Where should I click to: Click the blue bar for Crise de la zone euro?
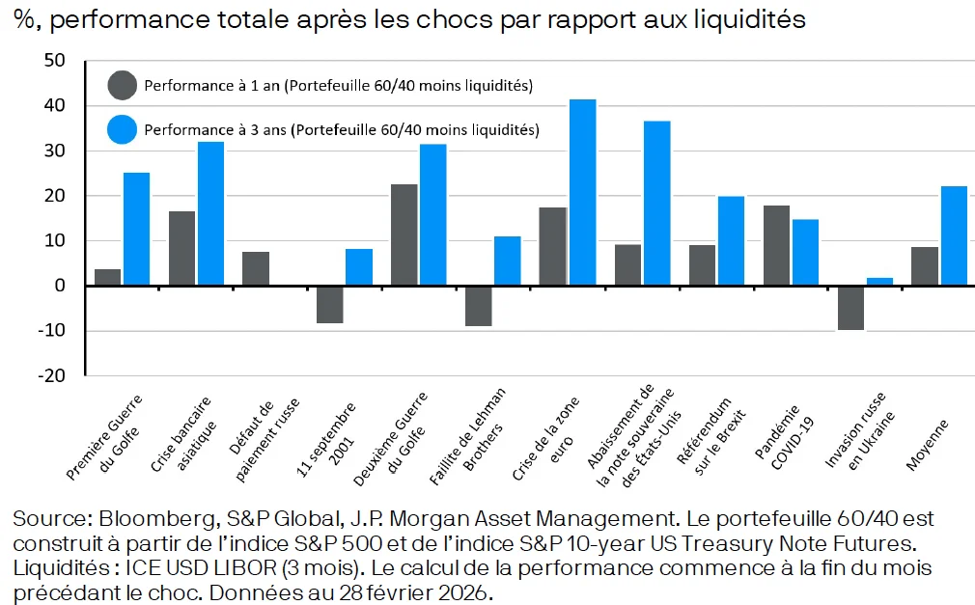pyautogui.click(x=582, y=192)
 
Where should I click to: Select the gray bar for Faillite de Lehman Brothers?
pyautogui.click(x=478, y=306)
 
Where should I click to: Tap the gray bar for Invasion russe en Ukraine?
pyautogui.click(x=850, y=308)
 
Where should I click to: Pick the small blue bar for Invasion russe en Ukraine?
pyautogui.click(x=879, y=282)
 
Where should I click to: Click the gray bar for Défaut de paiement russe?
pyautogui.click(x=256, y=268)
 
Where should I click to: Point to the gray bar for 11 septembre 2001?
pyautogui.click(x=330, y=304)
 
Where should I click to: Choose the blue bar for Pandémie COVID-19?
pyautogui.click(x=805, y=252)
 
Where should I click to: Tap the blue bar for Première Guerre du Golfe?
pyautogui.click(x=137, y=229)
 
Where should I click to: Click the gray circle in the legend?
pyautogui.click(x=123, y=86)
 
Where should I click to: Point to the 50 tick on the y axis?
pyautogui.click(x=54, y=61)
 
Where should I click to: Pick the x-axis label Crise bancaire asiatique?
pyautogui.click(x=182, y=434)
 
